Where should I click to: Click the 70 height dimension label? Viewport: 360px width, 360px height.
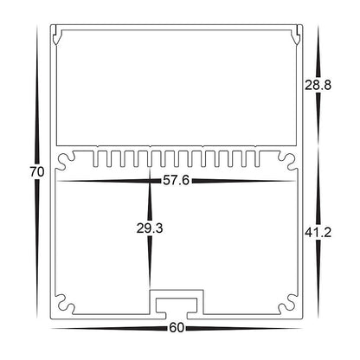click(35, 171)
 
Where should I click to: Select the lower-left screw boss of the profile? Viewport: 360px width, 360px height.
click(62, 305)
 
